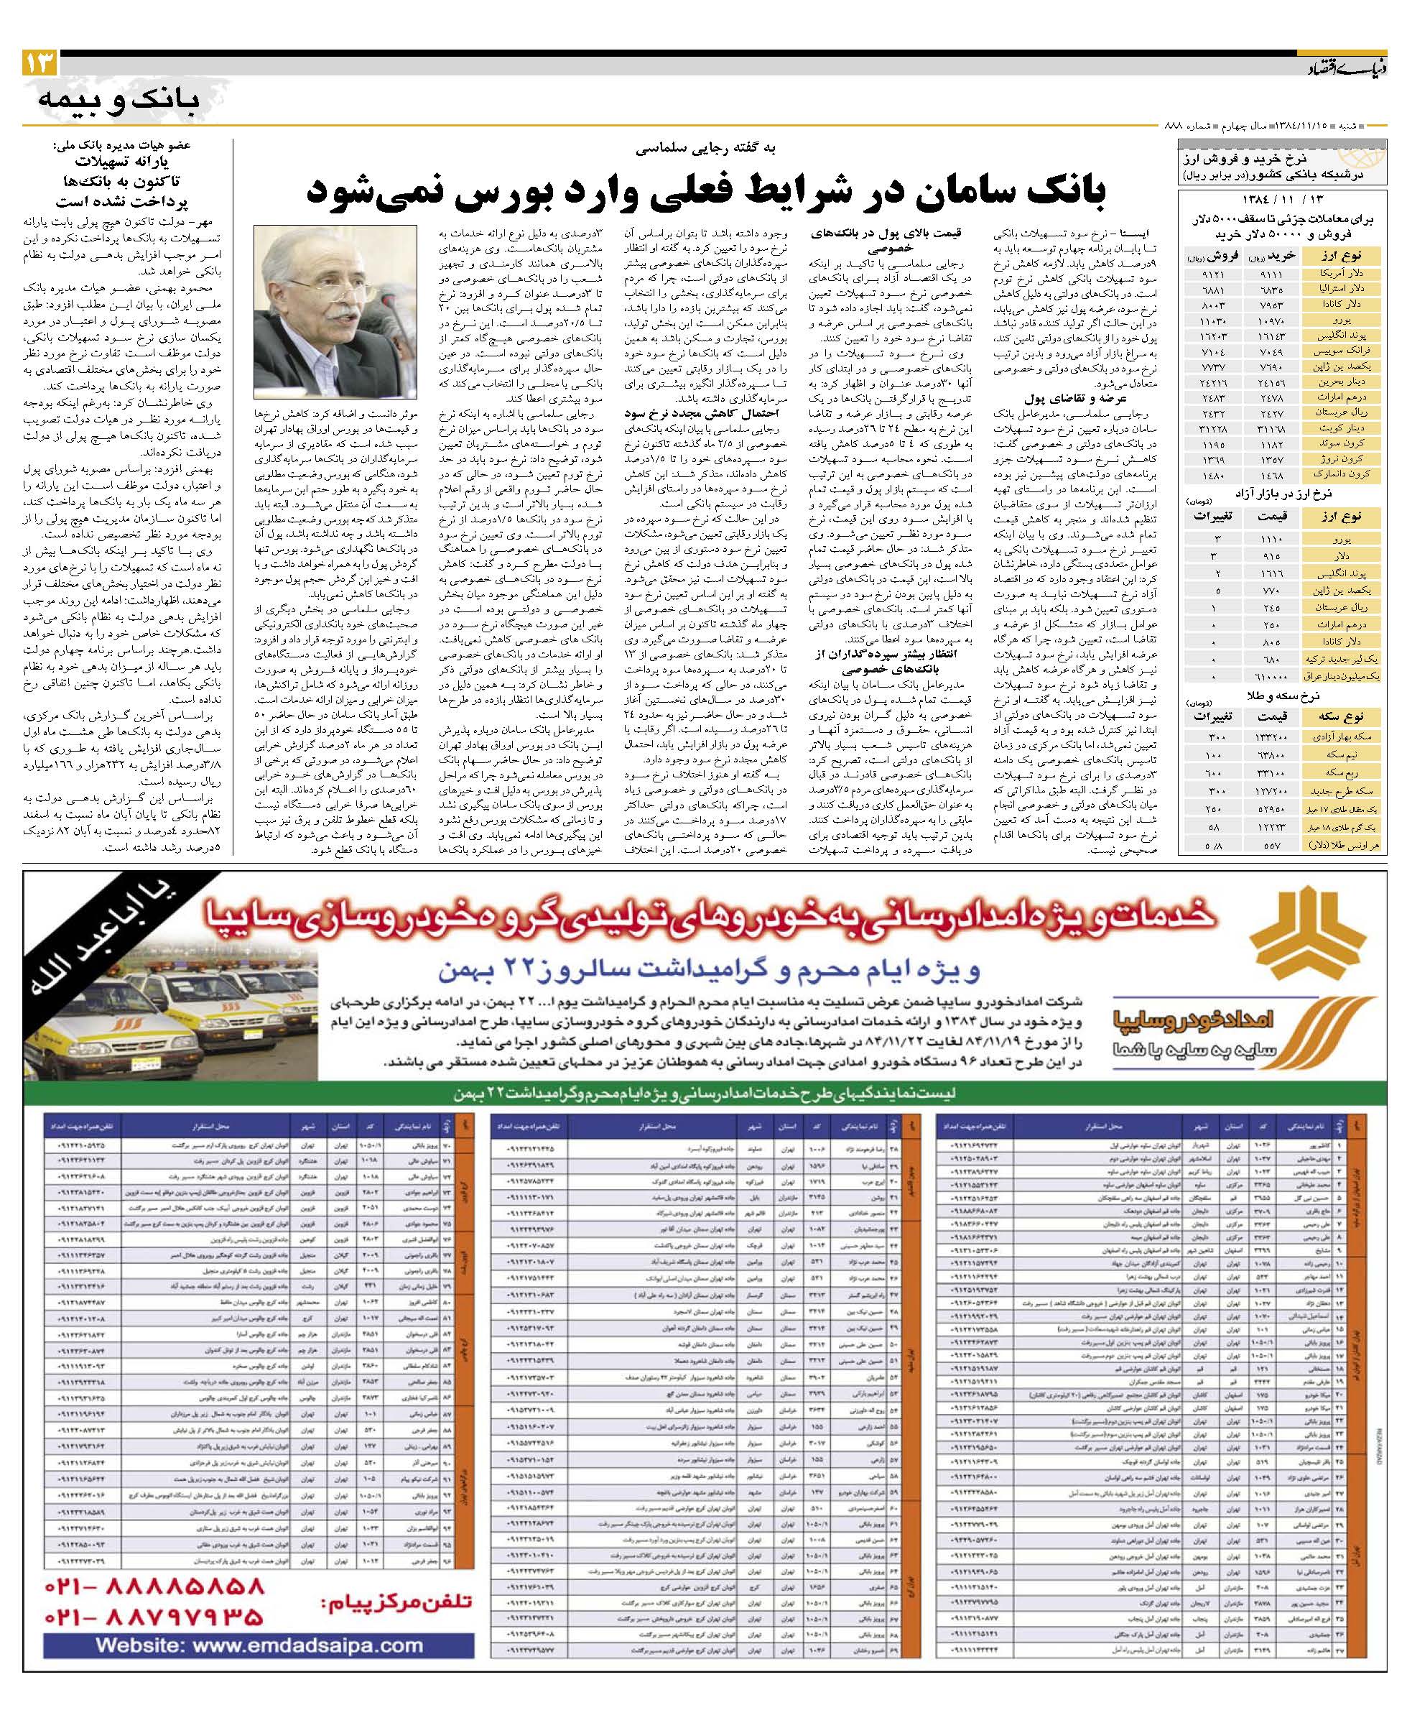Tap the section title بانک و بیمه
pos(119,98)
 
